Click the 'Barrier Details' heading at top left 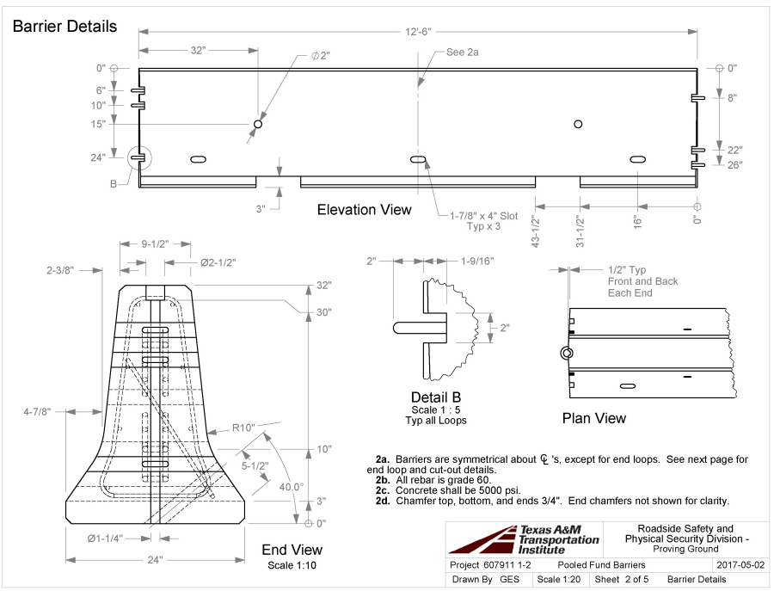pyautogui.click(x=64, y=27)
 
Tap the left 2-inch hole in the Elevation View pyautogui.click(x=257, y=125)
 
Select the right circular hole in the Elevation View pyautogui.click(x=578, y=124)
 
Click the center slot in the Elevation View pyautogui.click(x=418, y=159)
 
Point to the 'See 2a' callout pyautogui.click(x=462, y=52)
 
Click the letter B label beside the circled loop pyautogui.click(x=114, y=183)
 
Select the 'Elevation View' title pyautogui.click(x=365, y=210)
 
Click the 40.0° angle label pyautogui.click(x=291, y=486)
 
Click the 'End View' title pyautogui.click(x=292, y=550)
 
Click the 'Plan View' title pyautogui.click(x=593, y=418)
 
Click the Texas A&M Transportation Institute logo pyautogui.click(x=525, y=539)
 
